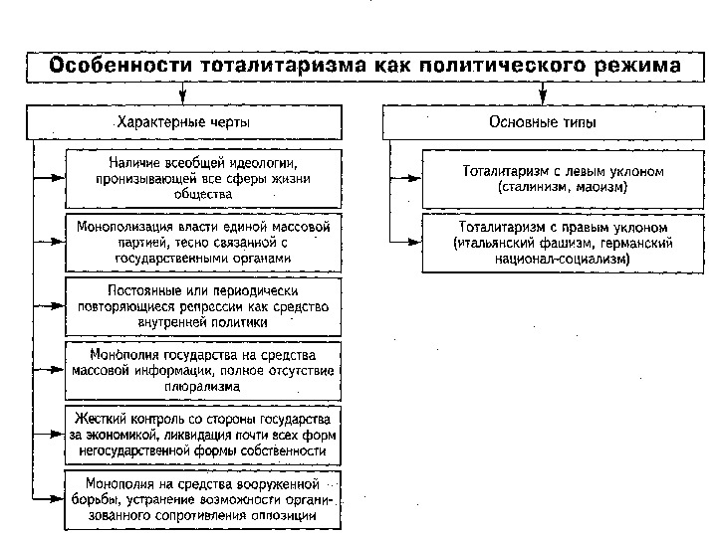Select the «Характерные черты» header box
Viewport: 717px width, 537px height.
(x=184, y=121)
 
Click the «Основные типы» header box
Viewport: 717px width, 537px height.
(x=543, y=121)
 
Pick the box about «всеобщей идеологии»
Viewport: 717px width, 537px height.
(x=203, y=177)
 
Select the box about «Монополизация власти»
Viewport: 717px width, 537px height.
(x=203, y=242)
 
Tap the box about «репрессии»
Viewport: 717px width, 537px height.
(x=203, y=306)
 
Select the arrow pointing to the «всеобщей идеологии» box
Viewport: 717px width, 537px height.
(x=50, y=177)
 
